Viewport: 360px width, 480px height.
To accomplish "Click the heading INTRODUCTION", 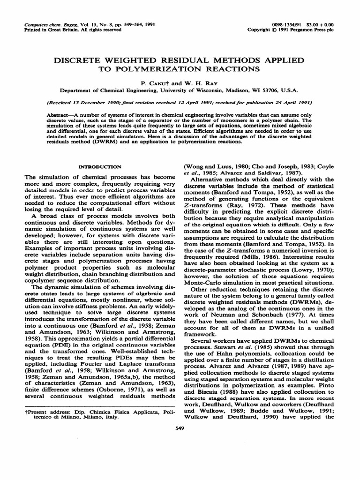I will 99,166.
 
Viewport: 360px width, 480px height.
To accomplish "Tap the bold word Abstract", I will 59,115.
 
